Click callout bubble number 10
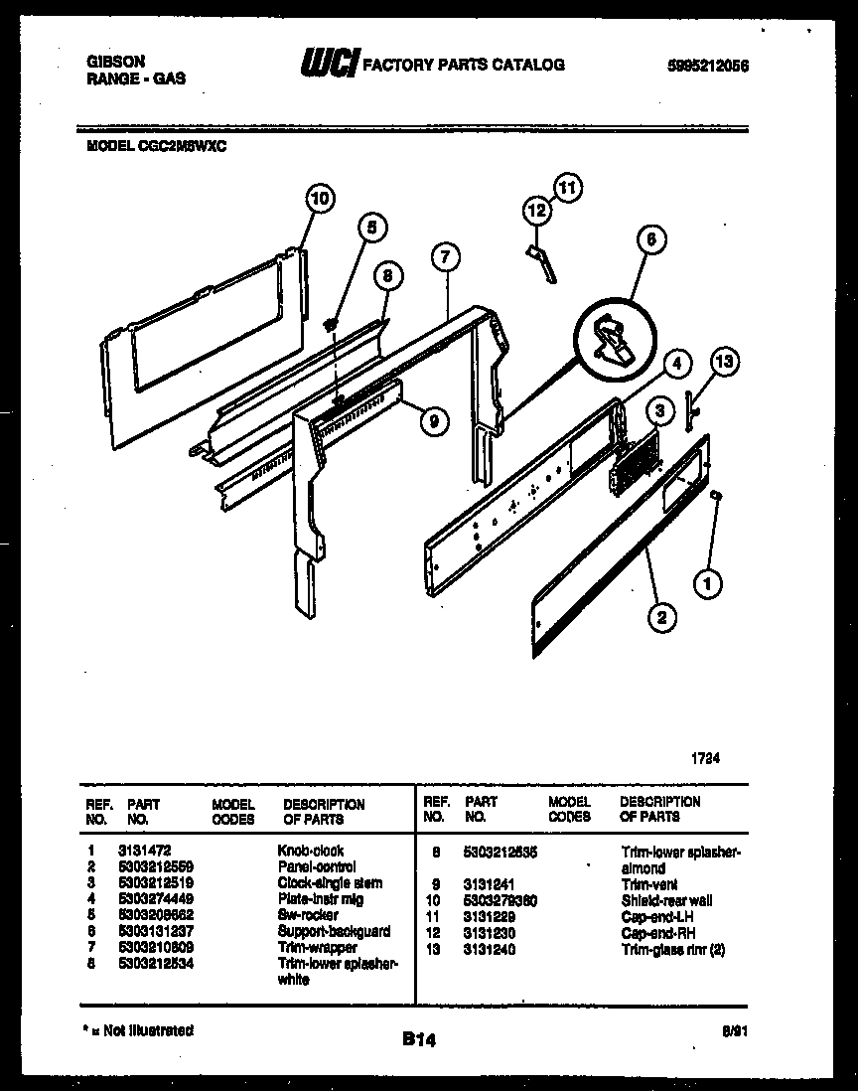318,198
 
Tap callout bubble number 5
369,228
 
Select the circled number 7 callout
446,257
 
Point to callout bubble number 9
431,421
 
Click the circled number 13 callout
726,362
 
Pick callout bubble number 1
707,585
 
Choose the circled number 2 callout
661,618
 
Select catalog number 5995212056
708,67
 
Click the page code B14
419,1039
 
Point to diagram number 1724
705,757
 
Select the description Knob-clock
311,851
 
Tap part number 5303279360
500,900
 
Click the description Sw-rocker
308,915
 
